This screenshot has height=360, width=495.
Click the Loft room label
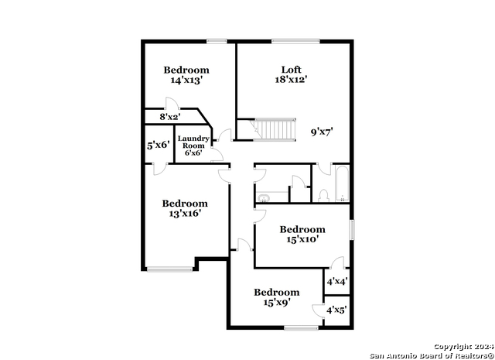[291, 70]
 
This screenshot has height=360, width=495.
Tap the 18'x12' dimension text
[291, 79]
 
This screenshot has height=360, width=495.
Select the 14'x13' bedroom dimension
[186, 80]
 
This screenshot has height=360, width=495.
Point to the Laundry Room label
[193, 142]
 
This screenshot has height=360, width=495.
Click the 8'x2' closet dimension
[170, 117]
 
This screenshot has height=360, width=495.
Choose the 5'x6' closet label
[159, 146]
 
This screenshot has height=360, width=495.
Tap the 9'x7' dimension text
[322, 132]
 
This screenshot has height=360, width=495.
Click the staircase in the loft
[275, 129]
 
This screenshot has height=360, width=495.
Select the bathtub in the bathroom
[342, 183]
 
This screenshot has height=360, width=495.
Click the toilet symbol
[323, 196]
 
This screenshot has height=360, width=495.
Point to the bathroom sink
[263, 198]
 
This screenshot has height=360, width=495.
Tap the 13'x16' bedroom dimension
[185, 214]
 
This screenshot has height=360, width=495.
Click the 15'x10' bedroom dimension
[302, 239]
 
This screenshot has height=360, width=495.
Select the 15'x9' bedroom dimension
[277, 303]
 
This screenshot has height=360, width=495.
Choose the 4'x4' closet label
[337, 281]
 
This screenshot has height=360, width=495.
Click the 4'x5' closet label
[337, 310]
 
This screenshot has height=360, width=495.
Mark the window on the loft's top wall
[295, 41]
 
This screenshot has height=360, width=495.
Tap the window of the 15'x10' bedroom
[352, 229]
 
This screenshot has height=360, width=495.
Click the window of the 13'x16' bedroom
[170, 269]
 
